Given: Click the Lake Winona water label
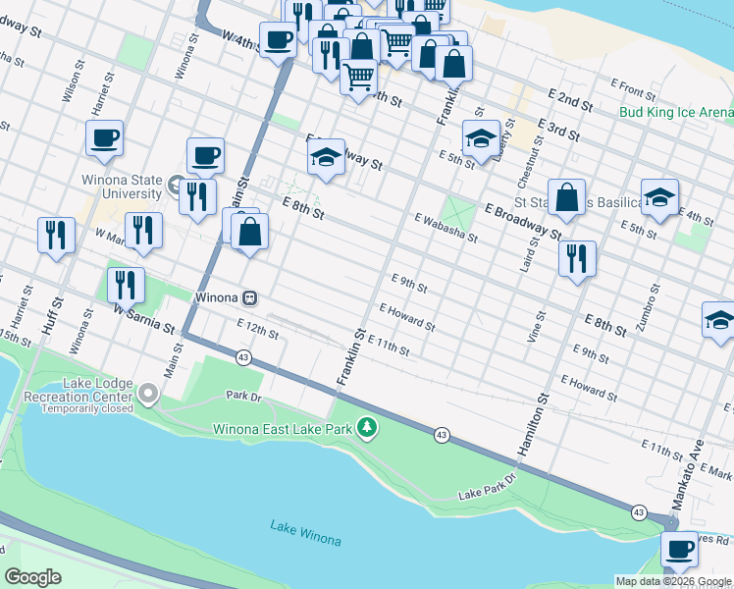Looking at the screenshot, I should pyautogui.click(x=306, y=540).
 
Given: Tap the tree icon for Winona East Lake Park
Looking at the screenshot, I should pyautogui.click(x=367, y=427).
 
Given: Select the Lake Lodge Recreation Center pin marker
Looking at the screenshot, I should pyautogui.click(x=148, y=395).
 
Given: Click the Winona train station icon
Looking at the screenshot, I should pyautogui.click(x=251, y=296).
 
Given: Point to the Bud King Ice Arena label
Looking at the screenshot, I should pyautogui.click(x=675, y=112).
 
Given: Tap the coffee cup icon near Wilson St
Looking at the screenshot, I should pyautogui.click(x=103, y=138).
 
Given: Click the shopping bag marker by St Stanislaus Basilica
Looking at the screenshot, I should pyautogui.click(x=566, y=197).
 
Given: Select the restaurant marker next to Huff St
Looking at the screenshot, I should pyautogui.click(x=55, y=235).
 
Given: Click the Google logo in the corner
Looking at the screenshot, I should pyautogui.click(x=33, y=576).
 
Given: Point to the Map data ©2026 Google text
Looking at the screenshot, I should pyautogui.click(x=672, y=581).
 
